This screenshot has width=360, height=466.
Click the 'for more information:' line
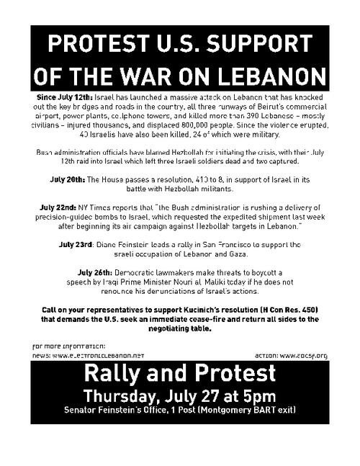coord(69,346)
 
